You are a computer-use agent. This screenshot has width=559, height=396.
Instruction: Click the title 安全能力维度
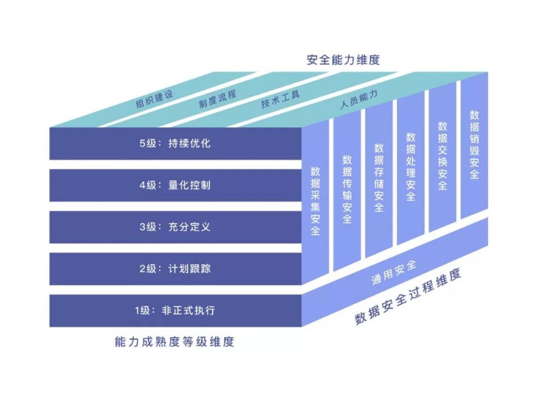click(343, 60)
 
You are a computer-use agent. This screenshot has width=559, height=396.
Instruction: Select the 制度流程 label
click(217, 99)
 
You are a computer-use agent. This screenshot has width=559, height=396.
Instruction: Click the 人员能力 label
click(359, 100)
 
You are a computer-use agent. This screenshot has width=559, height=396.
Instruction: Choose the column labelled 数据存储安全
click(378, 178)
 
